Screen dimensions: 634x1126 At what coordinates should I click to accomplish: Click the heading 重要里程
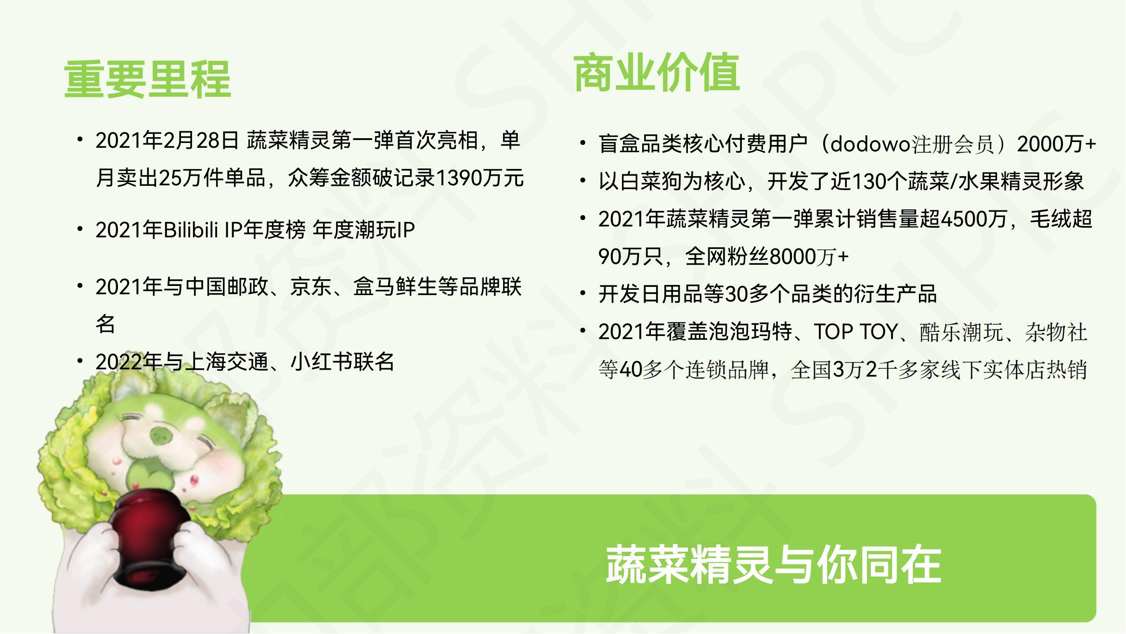tap(147, 79)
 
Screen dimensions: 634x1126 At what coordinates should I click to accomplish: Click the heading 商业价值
tap(657, 73)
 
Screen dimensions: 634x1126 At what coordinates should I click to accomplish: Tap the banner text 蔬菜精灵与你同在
tap(773, 565)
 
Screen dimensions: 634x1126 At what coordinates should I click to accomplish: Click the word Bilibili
tap(191, 230)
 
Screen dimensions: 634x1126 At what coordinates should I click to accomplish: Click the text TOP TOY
tap(855, 332)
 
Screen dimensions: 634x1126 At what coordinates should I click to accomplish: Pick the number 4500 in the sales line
tap(964, 220)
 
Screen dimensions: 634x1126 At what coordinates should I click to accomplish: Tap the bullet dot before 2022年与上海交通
tap(80, 360)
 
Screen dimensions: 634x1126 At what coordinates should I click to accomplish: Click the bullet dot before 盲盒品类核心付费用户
tap(583, 143)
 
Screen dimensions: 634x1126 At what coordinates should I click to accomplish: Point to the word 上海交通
tap(227, 362)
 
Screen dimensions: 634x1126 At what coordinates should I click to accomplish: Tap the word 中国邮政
tap(227, 287)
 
